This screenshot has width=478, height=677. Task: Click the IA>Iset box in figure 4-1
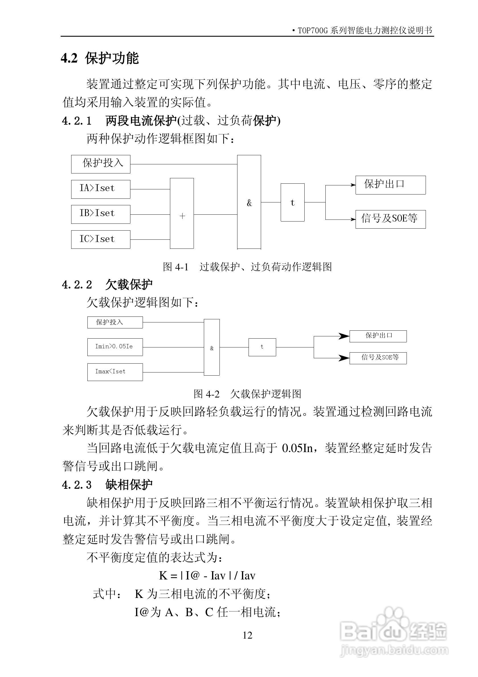[x=100, y=189]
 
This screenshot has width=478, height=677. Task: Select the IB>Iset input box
[x=100, y=214]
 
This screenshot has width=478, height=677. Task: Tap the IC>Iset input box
[x=100, y=239]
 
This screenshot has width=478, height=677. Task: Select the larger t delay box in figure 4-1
[x=292, y=202]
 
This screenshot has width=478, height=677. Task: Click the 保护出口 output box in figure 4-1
[x=390, y=185]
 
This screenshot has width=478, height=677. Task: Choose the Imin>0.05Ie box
[x=115, y=347]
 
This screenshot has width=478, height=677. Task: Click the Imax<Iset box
[x=115, y=372]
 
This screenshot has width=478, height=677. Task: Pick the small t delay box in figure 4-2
[x=262, y=347]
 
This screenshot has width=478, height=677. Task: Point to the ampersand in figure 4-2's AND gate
[x=212, y=348]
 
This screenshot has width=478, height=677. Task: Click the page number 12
[x=247, y=635]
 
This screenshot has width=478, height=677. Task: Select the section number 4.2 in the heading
[x=69, y=58]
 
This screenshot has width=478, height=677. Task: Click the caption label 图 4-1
[x=175, y=267]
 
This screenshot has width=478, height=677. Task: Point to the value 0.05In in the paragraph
[x=297, y=448]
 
